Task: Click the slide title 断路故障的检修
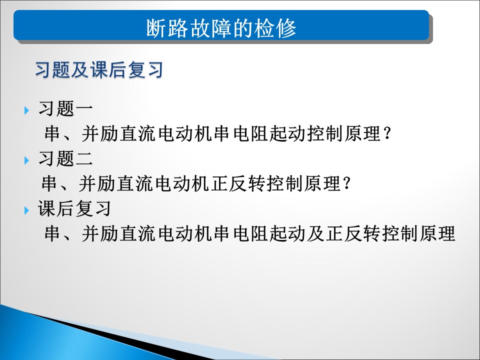[221, 28]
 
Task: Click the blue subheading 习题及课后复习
[99, 69]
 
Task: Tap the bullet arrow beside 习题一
[26, 110]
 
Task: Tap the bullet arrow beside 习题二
[26, 160]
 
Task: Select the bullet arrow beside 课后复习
[26, 210]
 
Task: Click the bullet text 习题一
[65, 108]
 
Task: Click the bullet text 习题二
[65, 158]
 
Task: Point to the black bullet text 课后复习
[74, 208]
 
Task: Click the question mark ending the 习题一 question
[387, 133]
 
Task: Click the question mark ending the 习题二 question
[347, 183]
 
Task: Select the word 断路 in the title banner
[167, 28]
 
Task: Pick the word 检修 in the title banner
[275, 28]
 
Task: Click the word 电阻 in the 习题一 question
[250, 133]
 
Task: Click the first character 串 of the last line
[52, 233]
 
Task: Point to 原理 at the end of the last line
[437, 233]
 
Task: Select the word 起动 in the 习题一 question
[288, 133]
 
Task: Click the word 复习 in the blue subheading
[145, 69]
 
